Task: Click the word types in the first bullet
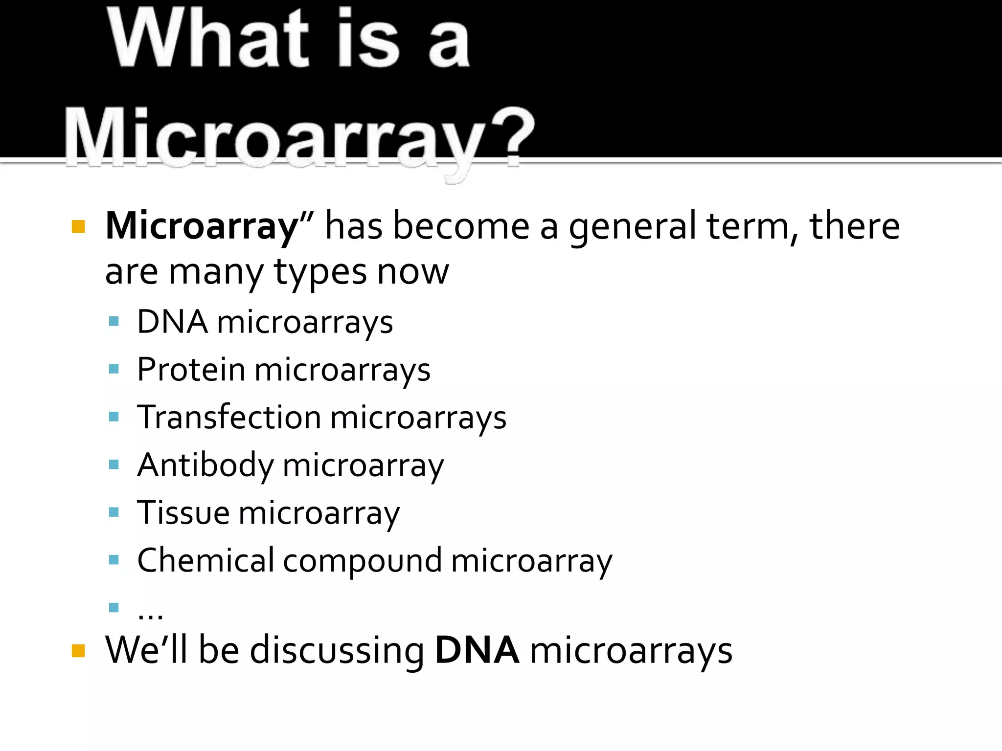319,273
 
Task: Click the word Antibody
205,465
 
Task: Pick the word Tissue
183,512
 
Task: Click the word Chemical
205,560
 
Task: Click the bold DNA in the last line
477,650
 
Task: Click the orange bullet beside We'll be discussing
78,651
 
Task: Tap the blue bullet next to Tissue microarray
114,512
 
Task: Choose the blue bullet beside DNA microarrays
114,321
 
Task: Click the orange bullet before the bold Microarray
78,227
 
